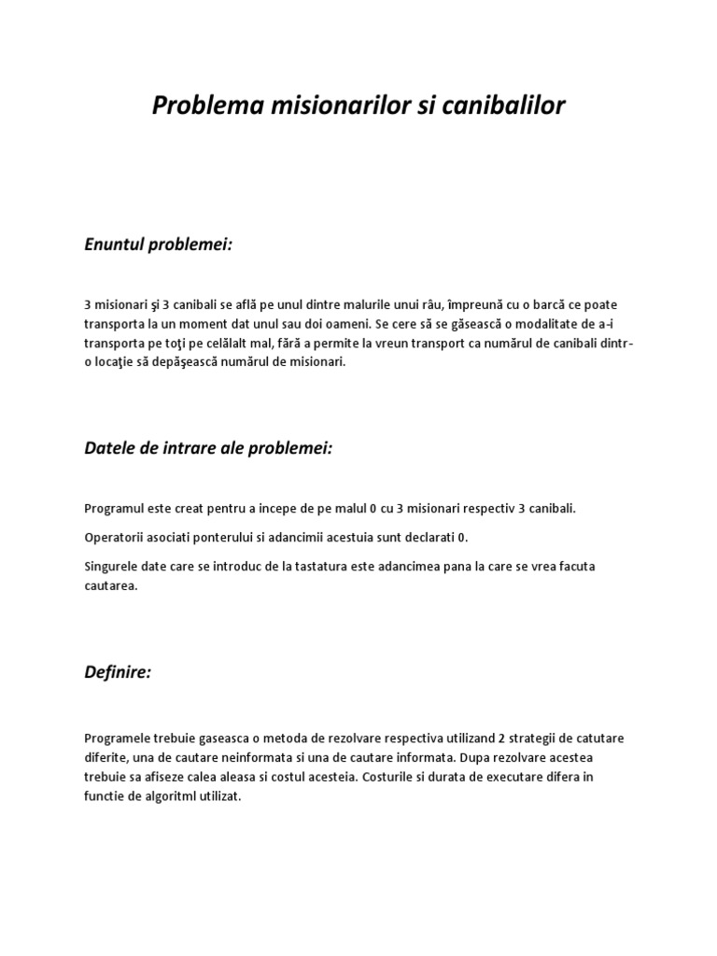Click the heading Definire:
117,672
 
